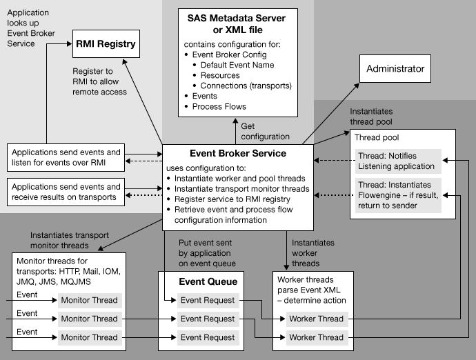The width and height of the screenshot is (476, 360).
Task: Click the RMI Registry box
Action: click(x=105, y=47)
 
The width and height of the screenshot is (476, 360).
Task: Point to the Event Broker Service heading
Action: click(x=238, y=153)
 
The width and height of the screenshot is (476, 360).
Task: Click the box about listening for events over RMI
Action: click(x=66, y=157)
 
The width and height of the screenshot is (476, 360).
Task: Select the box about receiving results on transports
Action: click(x=66, y=192)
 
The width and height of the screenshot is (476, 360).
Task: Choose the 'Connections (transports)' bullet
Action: click(x=246, y=86)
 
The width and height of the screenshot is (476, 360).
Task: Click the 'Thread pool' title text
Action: click(x=377, y=138)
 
